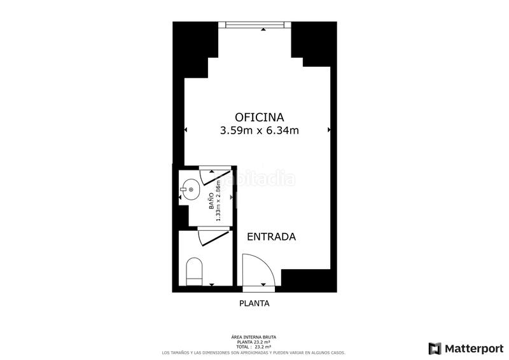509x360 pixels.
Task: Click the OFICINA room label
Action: click(x=259, y=117)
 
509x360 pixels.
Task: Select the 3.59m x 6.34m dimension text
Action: click(x=259, y=131)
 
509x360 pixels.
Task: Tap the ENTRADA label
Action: click(x=271, y=237)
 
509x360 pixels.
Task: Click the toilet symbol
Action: click(x=193, y=272)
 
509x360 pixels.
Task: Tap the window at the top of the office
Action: click(x=254, y=25)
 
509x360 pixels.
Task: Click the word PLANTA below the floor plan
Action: click(x=254, y=303)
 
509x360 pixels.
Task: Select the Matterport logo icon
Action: click(x=435, y=348)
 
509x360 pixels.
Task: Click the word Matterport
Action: click(x=473, y=348)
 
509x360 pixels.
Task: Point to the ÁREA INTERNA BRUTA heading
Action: click(x=254, y=337)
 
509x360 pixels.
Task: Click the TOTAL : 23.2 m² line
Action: click(x=254, y=347)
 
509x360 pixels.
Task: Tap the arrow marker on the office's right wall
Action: click(x=329, y=130)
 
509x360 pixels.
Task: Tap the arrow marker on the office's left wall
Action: click(x=186, y=130)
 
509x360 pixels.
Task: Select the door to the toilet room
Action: click(x=214, y=237)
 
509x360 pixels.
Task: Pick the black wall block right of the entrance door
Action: click(x=308, y=280)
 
